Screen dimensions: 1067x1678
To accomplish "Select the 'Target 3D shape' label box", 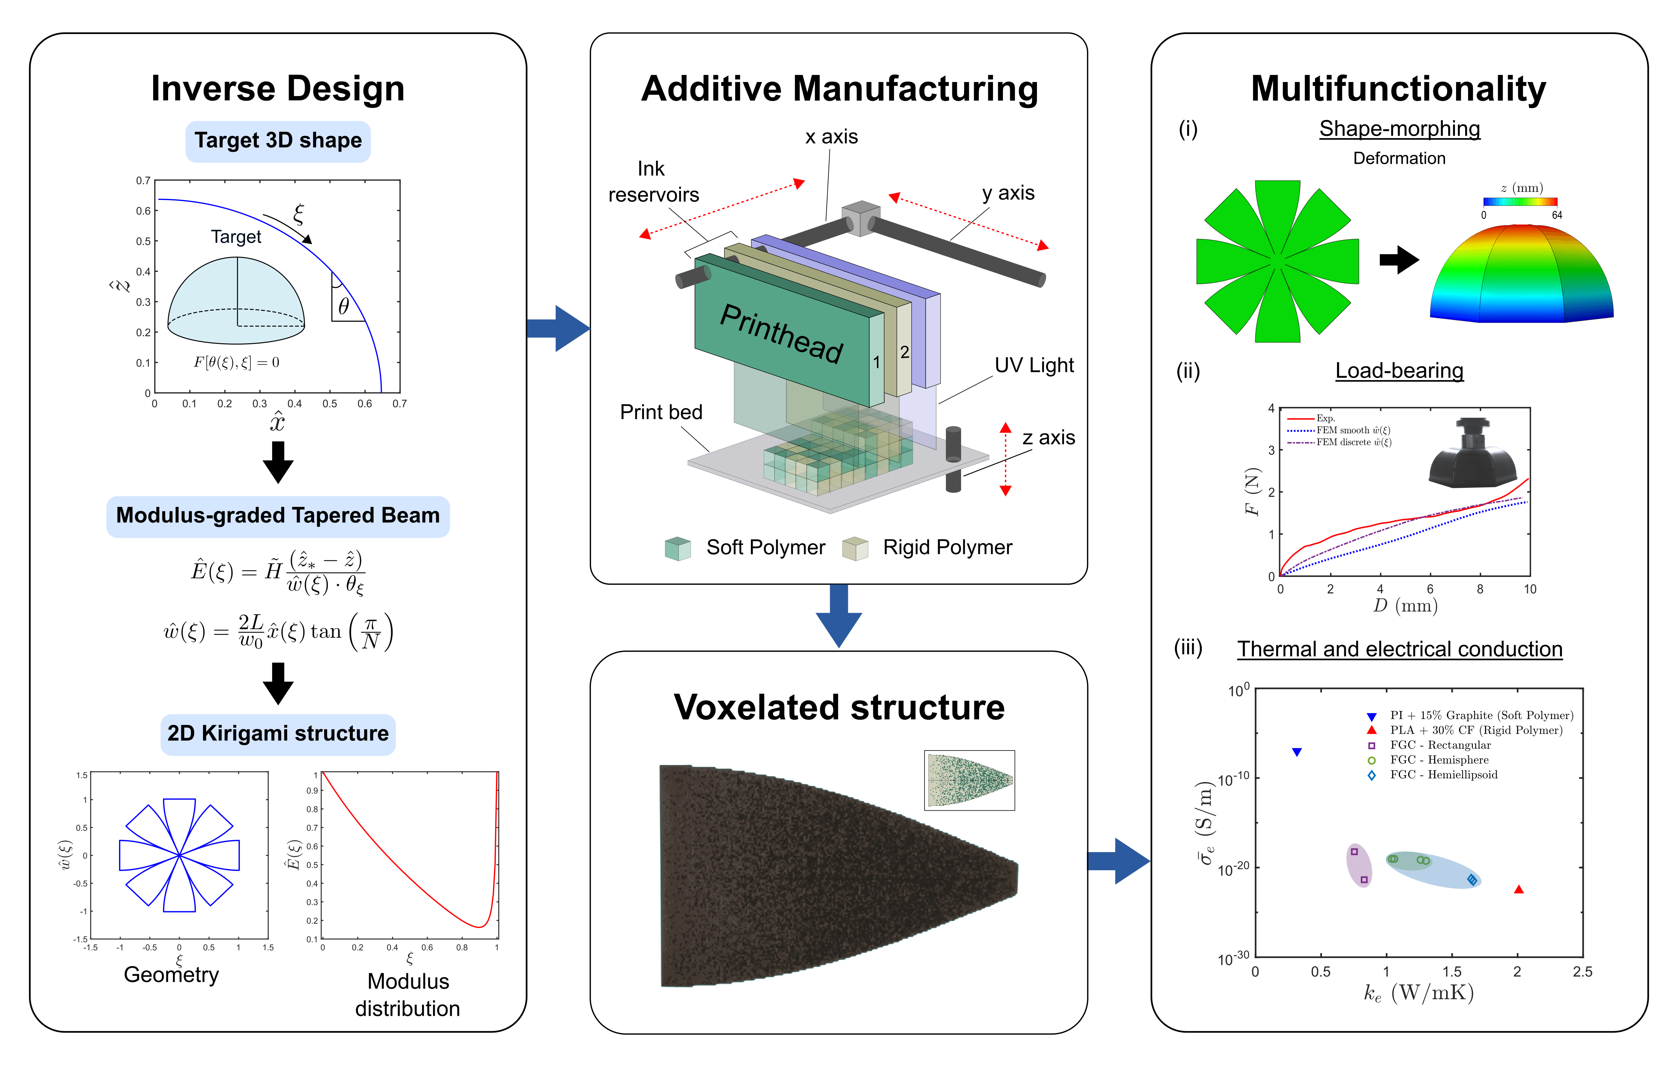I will click(278, 141).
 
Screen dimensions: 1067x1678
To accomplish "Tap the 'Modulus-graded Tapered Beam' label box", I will click(278, 516).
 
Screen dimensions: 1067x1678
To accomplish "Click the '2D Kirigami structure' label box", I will click(278, 734).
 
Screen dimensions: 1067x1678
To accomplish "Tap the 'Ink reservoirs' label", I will click(653, 182).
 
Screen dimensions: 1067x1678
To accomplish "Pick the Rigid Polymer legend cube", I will click(855, 548).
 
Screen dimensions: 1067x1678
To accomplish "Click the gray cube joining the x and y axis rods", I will click(860, 218).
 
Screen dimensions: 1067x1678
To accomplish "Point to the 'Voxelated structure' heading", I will click(839, 707).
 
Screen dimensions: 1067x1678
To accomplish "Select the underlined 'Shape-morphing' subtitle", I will click(1399, 129).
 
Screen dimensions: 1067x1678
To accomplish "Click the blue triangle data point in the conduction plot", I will click(1297, 752).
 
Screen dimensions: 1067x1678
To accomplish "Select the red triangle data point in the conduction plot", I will click(1518, 889).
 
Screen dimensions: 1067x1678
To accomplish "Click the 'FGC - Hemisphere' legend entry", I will click(1438, 760).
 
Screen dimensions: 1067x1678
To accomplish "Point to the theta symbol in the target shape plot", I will click(344, 306).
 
